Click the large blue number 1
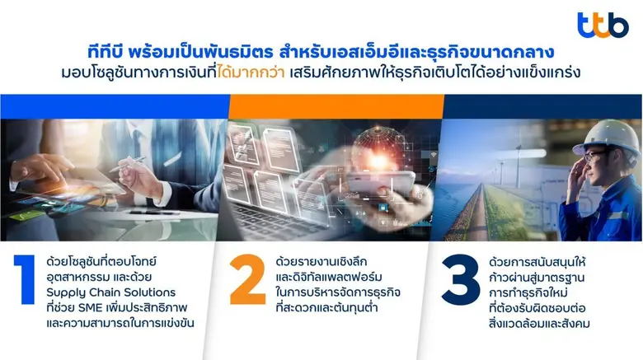pyautogui.click(x=24, y=283)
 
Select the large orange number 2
pyautogui.click(x=247, y=283)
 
